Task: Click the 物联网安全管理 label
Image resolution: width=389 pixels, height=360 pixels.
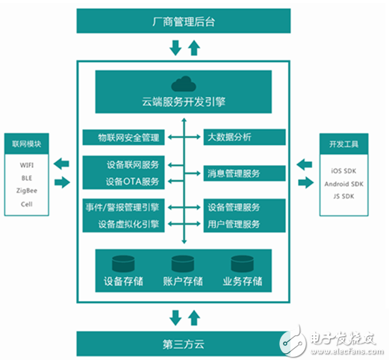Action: pyautogui.click(x=129, y=137)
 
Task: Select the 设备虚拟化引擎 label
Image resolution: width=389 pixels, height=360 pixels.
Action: pyautogui.click(x=128, y=223)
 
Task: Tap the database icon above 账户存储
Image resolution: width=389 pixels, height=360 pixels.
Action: pyautogui.click(x=183, y=264)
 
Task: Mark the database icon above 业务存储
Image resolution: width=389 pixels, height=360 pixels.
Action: pyautogui.click(x=243, y=264)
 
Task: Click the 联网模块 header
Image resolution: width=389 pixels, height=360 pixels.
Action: pyautogui.click(x=26, y=143)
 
